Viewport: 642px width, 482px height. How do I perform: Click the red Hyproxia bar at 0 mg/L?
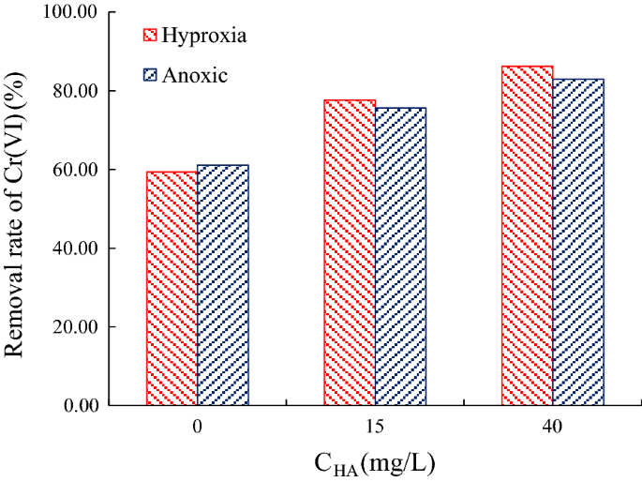tap(172, 289)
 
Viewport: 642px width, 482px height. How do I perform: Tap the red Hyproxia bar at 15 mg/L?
tap(350, 253)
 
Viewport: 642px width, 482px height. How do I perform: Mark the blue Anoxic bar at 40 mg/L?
tap(578, 242)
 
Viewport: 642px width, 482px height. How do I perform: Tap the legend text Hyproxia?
tap(204, 36)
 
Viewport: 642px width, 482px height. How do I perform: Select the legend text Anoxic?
tap(195, 76)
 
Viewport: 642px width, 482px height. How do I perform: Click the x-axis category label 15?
tap(375, 428)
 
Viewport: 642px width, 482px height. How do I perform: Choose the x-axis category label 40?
tap(552, 428)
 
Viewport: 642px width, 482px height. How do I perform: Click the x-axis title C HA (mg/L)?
tap(374, 462)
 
